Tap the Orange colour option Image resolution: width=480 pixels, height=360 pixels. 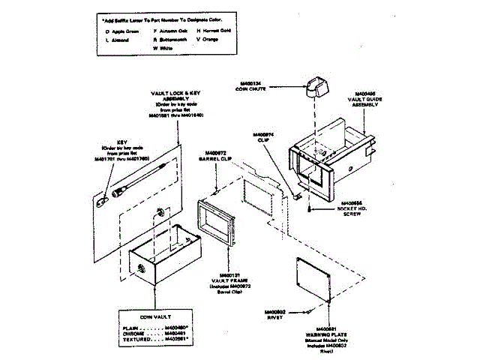click(208, 40)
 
